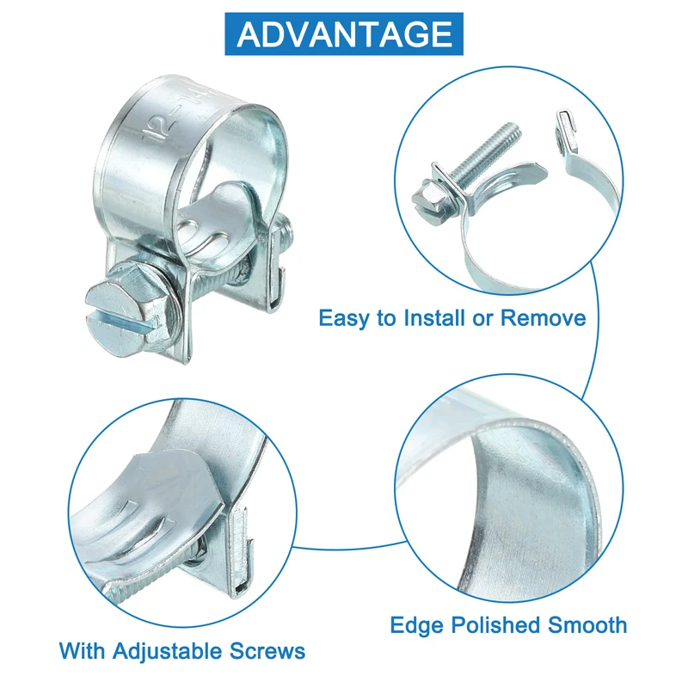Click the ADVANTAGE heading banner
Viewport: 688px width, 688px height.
point(343,34)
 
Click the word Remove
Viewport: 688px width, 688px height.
point(543,317)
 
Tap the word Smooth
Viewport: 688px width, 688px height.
point(587,625)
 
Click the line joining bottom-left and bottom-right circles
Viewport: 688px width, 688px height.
point(349,547)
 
